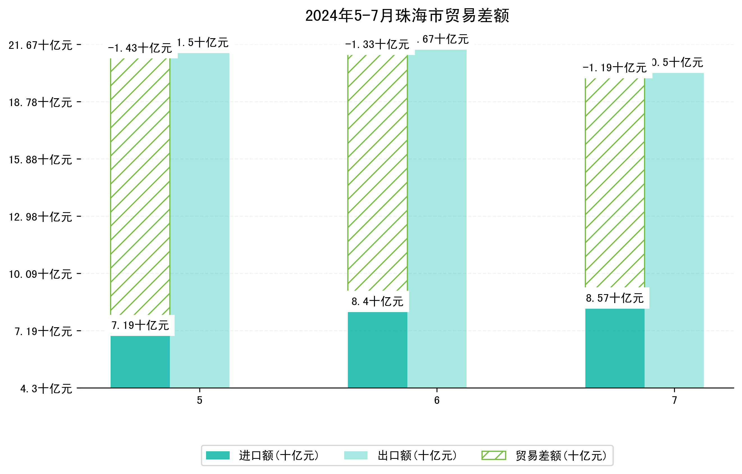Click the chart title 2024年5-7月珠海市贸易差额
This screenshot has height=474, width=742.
[407, 16]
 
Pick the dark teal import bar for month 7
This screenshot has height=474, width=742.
[615, 348]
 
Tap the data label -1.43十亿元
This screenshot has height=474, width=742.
[140, 48]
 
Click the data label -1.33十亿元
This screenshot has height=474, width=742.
[377, 45]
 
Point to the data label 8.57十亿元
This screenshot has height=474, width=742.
[615, 298]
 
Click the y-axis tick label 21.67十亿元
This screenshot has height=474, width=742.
[40, 45]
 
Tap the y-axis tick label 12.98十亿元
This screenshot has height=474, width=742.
[40, 217]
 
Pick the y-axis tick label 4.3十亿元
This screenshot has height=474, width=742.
[46, 389]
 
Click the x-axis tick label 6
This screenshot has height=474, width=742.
[437, 400]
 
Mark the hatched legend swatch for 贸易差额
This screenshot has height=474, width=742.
[494, 455]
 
